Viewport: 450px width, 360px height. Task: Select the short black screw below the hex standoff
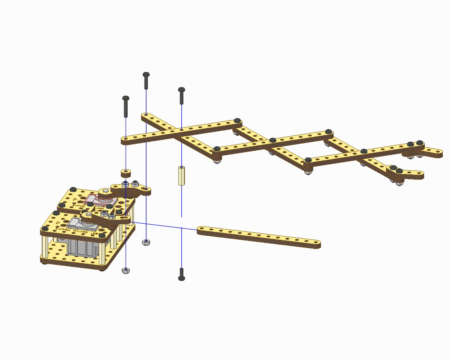coord(181,274)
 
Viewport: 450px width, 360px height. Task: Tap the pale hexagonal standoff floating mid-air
coord(181,175)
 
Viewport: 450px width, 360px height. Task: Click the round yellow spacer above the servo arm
coord(126,173)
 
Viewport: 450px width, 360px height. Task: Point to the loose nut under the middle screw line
coord(146,242)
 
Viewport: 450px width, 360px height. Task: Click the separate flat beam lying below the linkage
coord(258,237)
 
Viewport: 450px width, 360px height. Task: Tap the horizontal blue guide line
coord(165,226)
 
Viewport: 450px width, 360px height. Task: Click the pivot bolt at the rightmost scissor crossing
coord(364,152)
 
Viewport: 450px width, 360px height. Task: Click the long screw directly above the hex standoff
coord(181,96)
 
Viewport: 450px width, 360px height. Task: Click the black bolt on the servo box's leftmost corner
coord(44,229)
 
